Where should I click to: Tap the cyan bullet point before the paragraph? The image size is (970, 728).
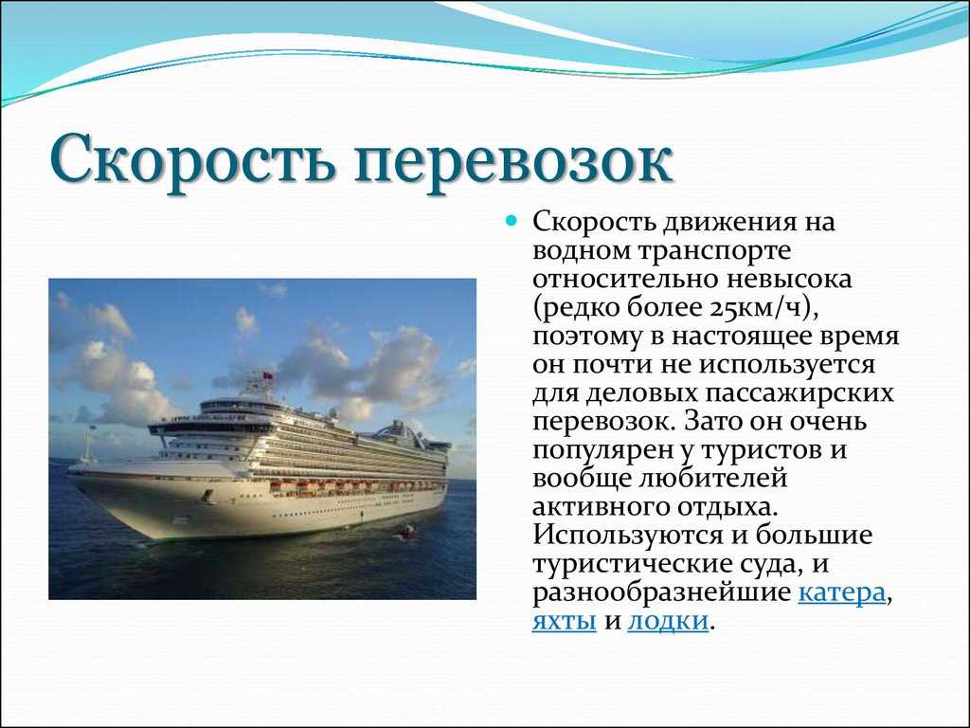click(x=511, y=220)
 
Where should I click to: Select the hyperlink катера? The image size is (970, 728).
click(x=841, y=593)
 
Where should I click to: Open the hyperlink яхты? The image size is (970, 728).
click(x=565, y=621)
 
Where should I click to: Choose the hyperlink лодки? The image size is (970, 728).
click(x=668, y=621)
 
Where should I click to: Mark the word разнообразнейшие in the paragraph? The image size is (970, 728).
click(x=661, y=593)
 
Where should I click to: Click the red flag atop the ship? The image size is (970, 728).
click(x=268, y=375)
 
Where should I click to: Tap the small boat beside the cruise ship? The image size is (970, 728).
click(x=408, y=531)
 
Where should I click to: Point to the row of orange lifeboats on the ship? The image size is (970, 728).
click(x=356, y=486)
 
